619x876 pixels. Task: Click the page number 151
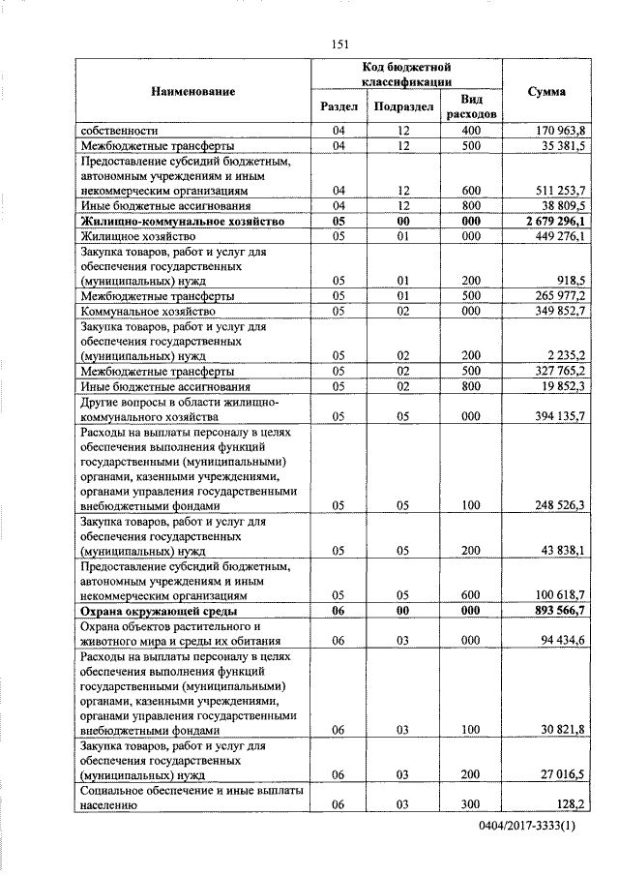coord(339,44)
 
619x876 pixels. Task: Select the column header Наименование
coord(193,91)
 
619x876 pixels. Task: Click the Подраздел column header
coord(402,106)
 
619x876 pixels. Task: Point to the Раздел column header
coord(339,106)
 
